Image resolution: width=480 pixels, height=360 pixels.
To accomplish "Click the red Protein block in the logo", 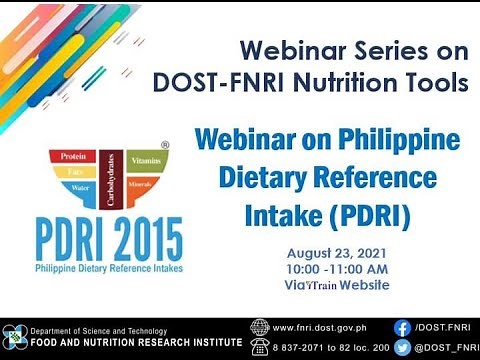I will point(71,158).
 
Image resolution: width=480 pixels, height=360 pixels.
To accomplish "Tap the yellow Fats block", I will point(72,173).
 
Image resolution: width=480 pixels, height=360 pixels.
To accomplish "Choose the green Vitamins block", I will point(146,160).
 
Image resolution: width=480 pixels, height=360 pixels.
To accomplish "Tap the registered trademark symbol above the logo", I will point(165,145).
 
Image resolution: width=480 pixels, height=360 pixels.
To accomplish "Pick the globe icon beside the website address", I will point(260,327).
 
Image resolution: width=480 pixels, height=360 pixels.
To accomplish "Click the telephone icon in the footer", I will point(260,346).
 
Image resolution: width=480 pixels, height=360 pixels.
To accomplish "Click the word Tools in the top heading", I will point(432,82).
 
